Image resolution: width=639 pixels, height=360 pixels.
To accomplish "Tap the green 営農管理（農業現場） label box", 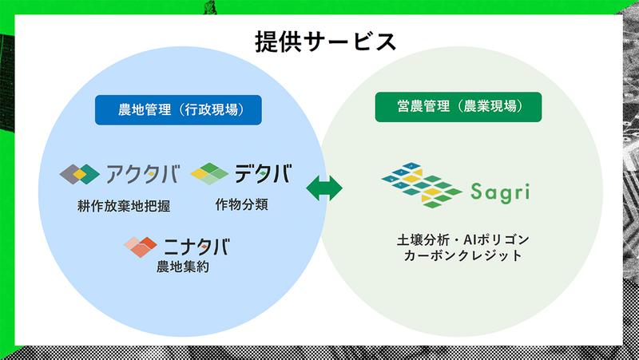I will coord(458,107).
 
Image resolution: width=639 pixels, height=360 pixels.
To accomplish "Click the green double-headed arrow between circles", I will coord(324,188).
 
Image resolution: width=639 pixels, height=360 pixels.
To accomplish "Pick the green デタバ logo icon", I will coord(209,172).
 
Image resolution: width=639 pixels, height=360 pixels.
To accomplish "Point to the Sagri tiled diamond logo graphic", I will coord(420,186).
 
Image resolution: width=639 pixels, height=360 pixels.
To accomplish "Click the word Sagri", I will coord(498,192).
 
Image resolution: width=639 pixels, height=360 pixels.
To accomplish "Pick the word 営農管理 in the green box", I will coord(421,107).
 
